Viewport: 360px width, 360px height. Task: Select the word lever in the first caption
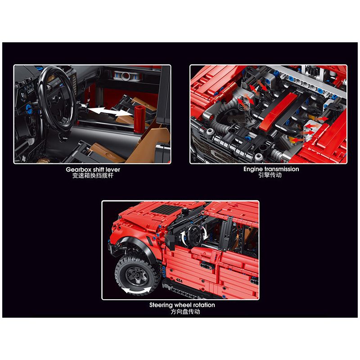tap(112, 169)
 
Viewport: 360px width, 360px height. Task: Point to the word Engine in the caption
tap(253, 169)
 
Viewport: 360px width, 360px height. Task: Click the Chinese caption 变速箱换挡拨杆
tap(92, 175)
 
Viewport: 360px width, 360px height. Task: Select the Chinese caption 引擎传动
tap(269, 175)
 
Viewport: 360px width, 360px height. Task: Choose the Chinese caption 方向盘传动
tap(182, 311)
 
